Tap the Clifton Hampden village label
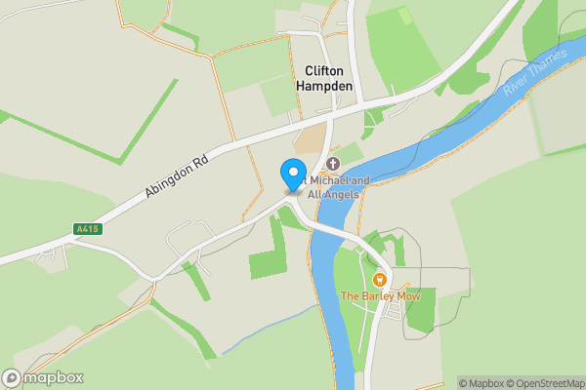click(325, 78)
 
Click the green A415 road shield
click(87, 229)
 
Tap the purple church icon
click(332, 163)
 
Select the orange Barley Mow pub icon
click(380, 279)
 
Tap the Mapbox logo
click(42, 378)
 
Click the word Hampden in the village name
click(325, 86)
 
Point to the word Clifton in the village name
click(325, 71)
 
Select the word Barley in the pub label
click(376, 295)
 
